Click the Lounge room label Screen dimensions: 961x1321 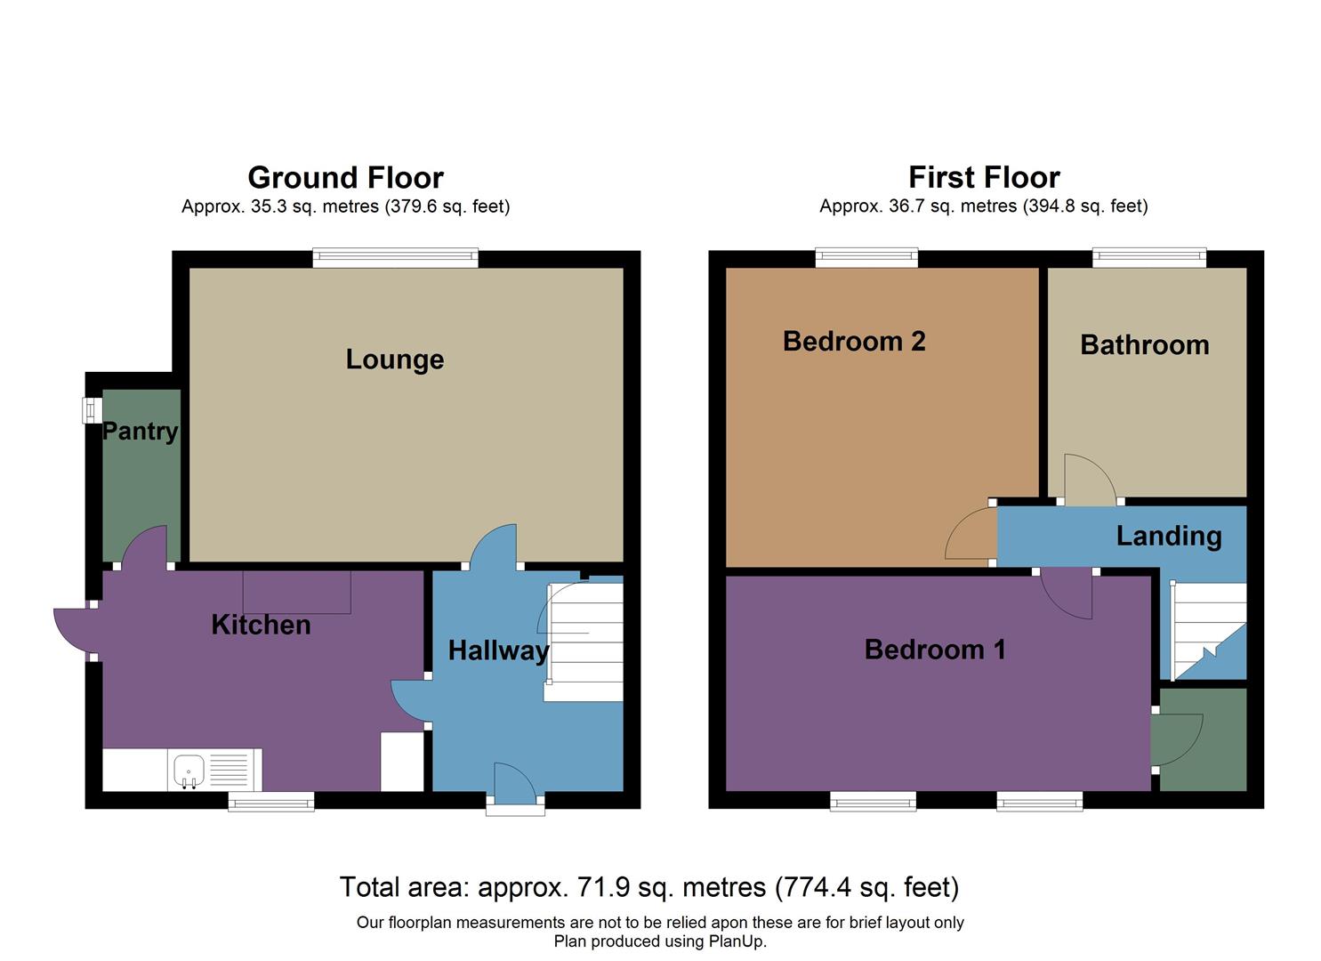pos(394,359)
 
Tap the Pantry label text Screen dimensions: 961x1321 pos(141,432)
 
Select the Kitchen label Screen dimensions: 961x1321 pos(261,625)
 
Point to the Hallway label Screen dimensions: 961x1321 pos(498,650)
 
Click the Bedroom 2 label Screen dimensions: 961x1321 pos(854,341)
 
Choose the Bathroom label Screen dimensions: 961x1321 pos(1144,345)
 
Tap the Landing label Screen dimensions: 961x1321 pos(1169,536)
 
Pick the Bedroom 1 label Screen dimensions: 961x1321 pos(935,650)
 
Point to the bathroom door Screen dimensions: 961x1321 pos(1089,480)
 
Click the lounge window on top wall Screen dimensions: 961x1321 pos(395,258)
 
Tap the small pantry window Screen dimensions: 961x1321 pos(91,410)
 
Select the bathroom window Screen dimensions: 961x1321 pos(1149,258)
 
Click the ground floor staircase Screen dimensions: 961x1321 pos(584,641)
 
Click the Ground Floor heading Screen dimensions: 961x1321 pos(345,178)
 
